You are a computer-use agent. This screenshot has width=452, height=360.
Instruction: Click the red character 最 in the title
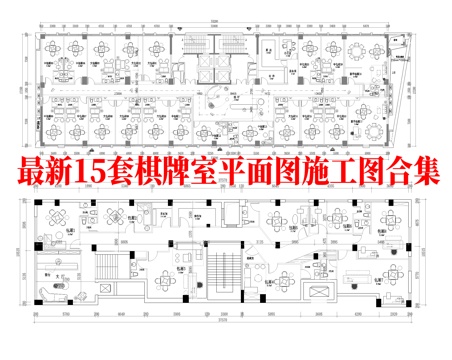pyautogui.click(x=32, y=168)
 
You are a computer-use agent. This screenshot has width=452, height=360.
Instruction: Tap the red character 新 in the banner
pyautogui.click(x=62, y=168)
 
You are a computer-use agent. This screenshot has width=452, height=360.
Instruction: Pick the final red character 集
pyautogui.click(x=440, y=168)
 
